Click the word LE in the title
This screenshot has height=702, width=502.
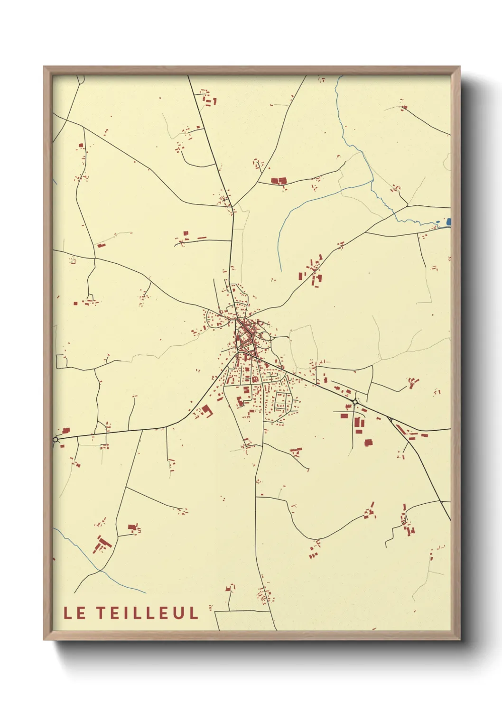(x=75, y=613)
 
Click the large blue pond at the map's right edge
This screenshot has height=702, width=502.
(x=449, y=222)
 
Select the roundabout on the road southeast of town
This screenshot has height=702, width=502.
(x=355, y=402)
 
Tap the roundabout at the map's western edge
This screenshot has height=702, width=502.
(x=56, y=440)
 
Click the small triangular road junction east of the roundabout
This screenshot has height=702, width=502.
(x=390, y=419)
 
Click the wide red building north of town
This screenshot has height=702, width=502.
(x=279, y=181)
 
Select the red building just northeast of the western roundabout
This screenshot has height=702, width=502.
(x=65, y=431)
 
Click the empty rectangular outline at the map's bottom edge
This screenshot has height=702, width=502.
(x=245, y=620)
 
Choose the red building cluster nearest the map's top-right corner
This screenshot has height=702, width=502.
(x=403, y=107)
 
